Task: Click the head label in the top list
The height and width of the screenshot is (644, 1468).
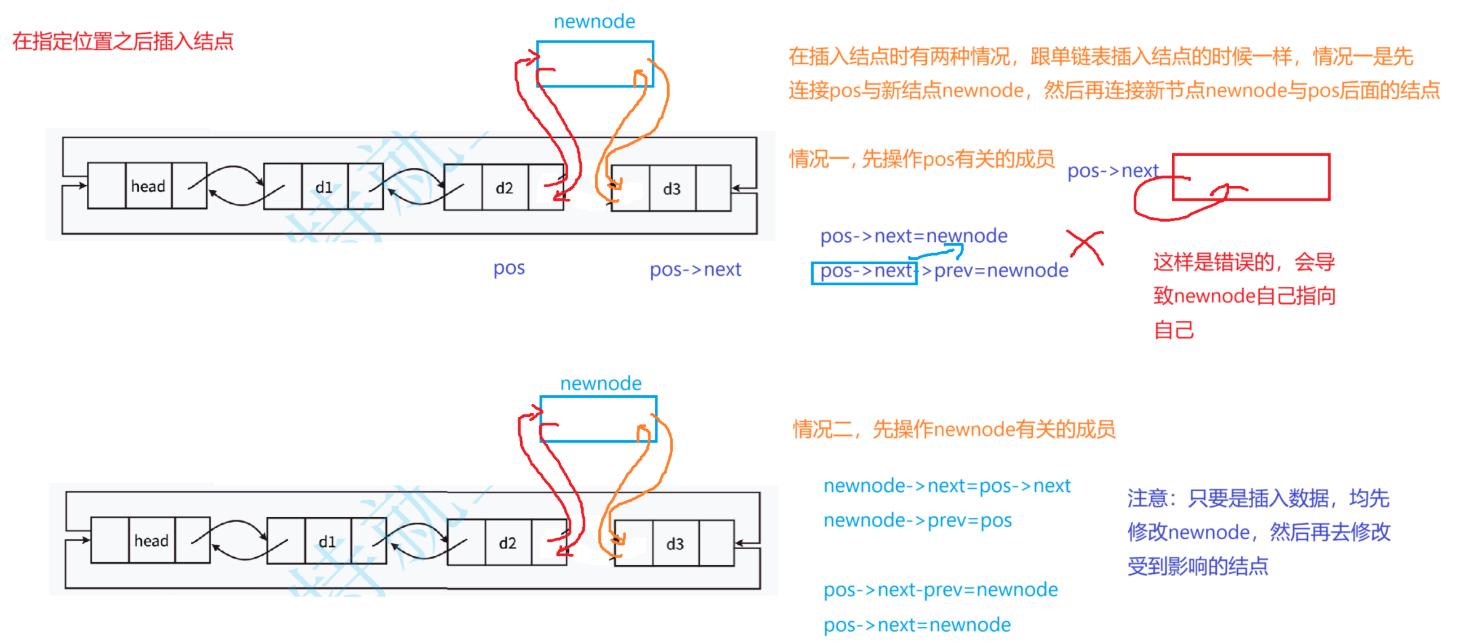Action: coord(148,187)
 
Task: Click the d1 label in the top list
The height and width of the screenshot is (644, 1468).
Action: coord(324,188)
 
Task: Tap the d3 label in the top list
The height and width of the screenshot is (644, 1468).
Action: coord(672,189)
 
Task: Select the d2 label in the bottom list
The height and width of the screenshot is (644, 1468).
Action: coord(507,543)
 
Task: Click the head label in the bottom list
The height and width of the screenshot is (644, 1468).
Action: coord(151,541)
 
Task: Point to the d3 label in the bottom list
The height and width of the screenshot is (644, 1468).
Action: coord(675,544)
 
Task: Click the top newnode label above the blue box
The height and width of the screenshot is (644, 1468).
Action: coord(594,22)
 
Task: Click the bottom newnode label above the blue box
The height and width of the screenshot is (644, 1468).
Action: coord(601,384)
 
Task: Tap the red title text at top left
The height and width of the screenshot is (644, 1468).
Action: coord(123,41)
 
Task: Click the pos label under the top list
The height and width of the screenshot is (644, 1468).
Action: coord(509,268)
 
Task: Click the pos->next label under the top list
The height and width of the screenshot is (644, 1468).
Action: coord(696,270)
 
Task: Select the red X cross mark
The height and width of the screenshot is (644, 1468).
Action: coord(1086,247)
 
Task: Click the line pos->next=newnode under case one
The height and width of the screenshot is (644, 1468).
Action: coord(913,236)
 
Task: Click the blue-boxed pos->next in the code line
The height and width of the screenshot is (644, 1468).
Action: coord(865,272)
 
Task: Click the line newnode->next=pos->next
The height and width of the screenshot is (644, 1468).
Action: coord(947,486)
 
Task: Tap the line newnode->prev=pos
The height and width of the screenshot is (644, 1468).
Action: coord(917,520)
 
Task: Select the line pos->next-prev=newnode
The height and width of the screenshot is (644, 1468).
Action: coord(941,590)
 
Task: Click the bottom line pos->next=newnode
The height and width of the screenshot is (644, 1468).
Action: coord(917,625)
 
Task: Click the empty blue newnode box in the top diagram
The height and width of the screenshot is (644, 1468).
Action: coord(595,64)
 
